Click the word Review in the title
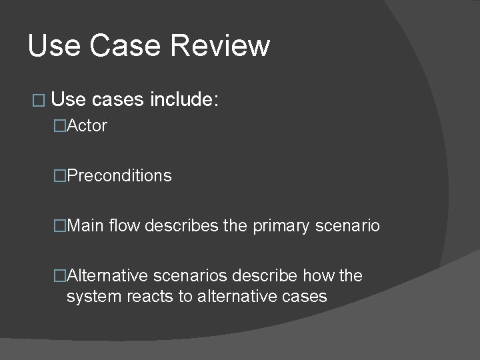coord(220,46)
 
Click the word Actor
coord(87,126)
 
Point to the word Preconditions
coord(119,176)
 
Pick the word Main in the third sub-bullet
coord(85,226)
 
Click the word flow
coord(124,226)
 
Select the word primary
coord(281,227)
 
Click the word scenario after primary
coord(347,226)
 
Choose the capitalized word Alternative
coord(108,275)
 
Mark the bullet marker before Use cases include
coord(37,101)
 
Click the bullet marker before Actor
coord(60,126)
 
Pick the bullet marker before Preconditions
coord(60,176)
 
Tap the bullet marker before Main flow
coord(60,226)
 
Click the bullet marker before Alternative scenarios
coord(60,275)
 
